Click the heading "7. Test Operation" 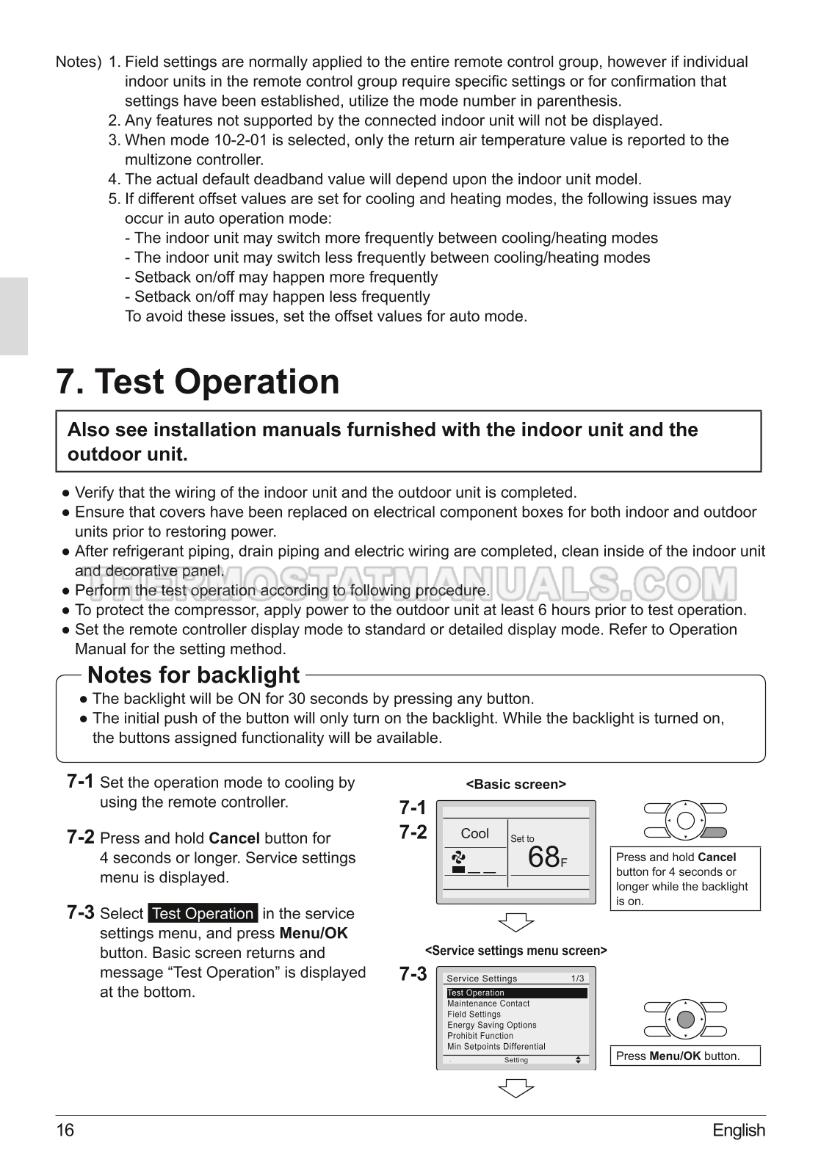click(198, 382)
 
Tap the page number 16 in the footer click(65, 1130)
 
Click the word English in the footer click(738, 1130)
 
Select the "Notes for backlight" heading click(193, 675)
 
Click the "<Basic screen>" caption click(516, 784)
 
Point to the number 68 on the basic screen click(543, 857)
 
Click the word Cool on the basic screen click(474, 833)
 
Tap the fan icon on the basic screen click(459, 856)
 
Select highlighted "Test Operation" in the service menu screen click(476, 992)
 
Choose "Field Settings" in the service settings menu click(474, 1014)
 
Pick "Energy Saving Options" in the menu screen click(491, 1025)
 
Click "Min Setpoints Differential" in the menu click(496, 1046)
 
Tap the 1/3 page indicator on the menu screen click(578, 978)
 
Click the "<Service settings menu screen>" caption click(516, 951)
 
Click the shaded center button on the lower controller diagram click(685, 1019)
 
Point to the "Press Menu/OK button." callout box click(685, 1056)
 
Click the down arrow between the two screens click(516, 921)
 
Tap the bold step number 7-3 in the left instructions click(80, 912)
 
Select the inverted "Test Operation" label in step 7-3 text click(203, 913)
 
